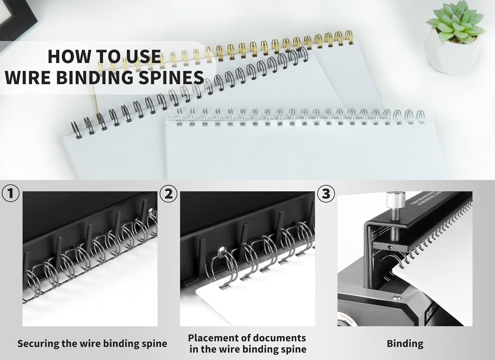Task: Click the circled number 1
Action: pyautogui.click(x=11, y=194)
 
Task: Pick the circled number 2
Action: pyautogui.click(x=169, y=194)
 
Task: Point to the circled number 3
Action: pyautogui.click(x=326, y=194)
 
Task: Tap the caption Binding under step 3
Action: pyautogui.click(x=405, y=344)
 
